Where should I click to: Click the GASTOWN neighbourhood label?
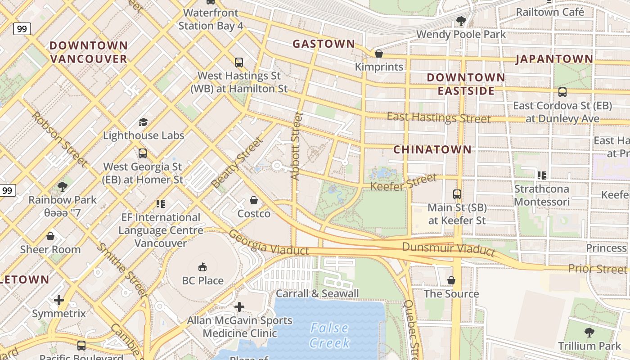(x=324, y=44)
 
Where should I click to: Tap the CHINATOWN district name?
(x=432, y=149)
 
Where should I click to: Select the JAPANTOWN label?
(x=554, y=59)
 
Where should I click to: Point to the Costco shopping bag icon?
(x=254, y=200)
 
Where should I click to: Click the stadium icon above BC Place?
(x=202, y=267)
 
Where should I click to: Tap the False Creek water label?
(x=330, y=335)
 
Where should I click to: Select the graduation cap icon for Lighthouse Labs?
(x=143, y=122)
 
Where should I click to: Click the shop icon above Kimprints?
(x=379, y=54)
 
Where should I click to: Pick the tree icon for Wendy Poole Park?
(x=461, y=21)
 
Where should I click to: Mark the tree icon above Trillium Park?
(x=589, y=333)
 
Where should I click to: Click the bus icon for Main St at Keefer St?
(x=457, y=194)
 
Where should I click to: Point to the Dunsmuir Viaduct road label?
(x=448, y=248)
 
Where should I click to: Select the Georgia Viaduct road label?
(x=269, y=243)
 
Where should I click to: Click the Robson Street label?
(x=59, y=139)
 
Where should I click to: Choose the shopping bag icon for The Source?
(x=451, y=281)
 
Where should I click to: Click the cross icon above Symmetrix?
(x=59, y=300)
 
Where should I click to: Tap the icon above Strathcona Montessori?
(x=542, y=175)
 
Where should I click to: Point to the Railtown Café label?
(x=550, y=12)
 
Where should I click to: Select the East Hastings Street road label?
(x=439, y=118)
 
